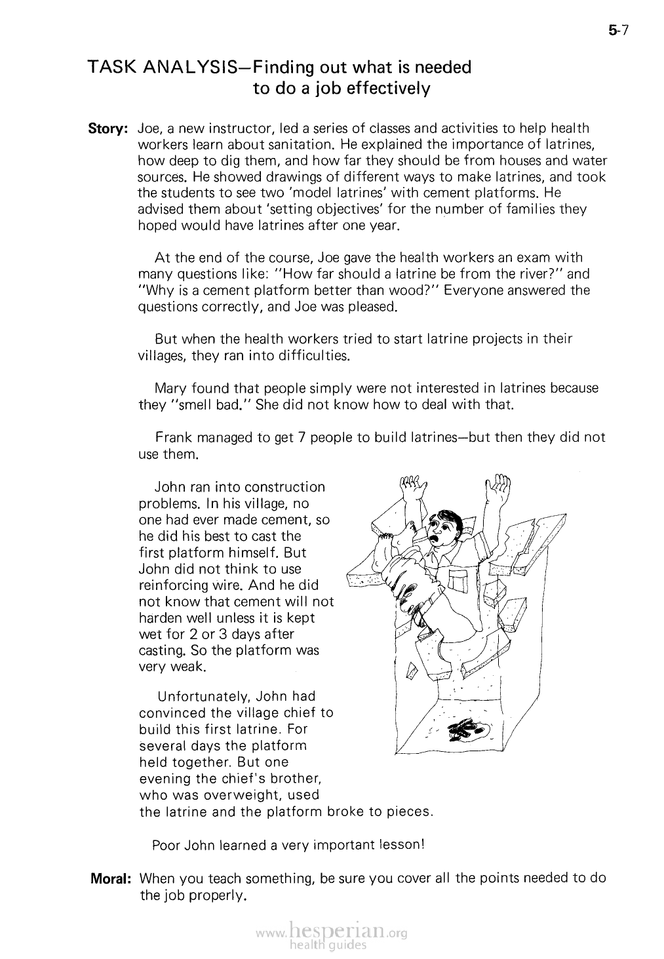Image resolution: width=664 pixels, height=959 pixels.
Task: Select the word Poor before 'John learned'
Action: click(x=166, y=845)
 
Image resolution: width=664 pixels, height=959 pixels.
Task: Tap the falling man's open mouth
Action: click(x=435, y=537)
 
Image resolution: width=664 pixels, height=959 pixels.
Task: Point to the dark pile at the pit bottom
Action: click(x=467, y=729)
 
